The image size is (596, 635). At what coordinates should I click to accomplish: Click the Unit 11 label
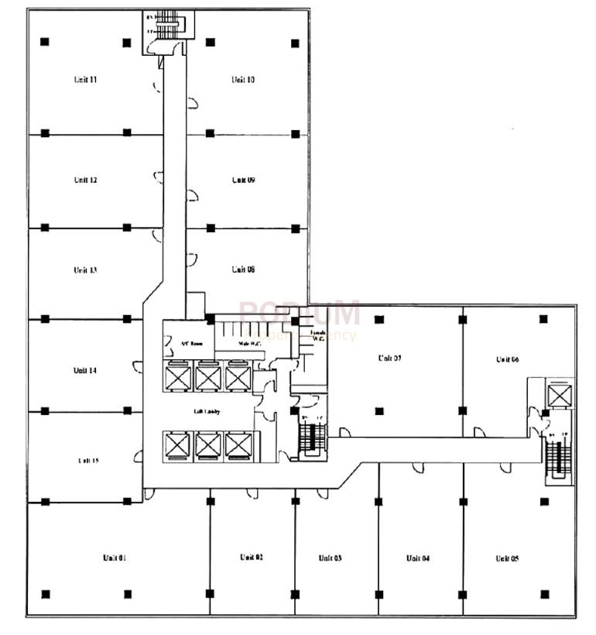pyautogui.click(x=85, y=80)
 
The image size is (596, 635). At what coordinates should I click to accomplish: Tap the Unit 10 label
pyautogui.click(x=243, y=80)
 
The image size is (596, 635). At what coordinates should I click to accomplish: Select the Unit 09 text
pyautogui.click(x=243, y=180)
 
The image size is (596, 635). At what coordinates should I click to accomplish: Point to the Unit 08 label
pyautogui.click(x=243, y=269)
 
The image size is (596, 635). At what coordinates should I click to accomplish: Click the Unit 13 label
pyautogui.click(x=85, y=270)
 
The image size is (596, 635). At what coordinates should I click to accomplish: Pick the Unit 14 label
pyautogui.click(x=85, y=370)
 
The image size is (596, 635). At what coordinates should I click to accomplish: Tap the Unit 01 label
pyautogui.click(x=114, y=558)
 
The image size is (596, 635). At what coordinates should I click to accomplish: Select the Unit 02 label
pyautogui.click(x=252, y=558)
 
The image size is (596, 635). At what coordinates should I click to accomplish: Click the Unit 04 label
pyautogui.click(x=416, y=558)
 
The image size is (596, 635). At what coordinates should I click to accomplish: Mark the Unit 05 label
pyautogui.click(x=507, y=558)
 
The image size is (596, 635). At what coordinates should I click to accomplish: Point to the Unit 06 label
pyautogui.click(x=507, y=359)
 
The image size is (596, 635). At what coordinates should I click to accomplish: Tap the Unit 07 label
pyautogui.click(x=389, y=358)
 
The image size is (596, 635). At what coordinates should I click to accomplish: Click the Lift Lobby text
pyautogui.click(x=207, y=411)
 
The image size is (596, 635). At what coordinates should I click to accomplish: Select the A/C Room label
pyautogui.click(x=191, y=344)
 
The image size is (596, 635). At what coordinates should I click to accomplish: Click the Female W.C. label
pyautogui.click(x=317, y=335)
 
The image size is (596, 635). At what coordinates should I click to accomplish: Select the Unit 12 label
pyautogui.click(x=85, y=180)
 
